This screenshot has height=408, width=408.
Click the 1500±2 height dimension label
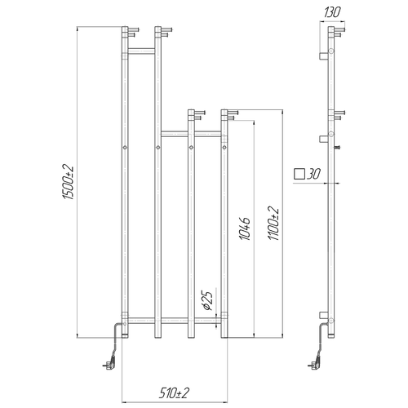point(69,182)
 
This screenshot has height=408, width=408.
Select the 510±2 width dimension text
point(174,393)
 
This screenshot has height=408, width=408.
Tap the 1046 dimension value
point(245,228)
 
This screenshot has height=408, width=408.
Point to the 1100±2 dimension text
point(273,224)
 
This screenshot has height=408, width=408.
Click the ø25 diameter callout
point(207,300)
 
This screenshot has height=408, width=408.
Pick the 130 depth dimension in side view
point(332,12)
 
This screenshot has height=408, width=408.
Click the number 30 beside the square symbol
point(313,174)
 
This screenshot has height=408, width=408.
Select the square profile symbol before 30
point(299,174)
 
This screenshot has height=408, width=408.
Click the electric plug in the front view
point(109,364)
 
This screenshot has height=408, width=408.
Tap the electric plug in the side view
point(315,364)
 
